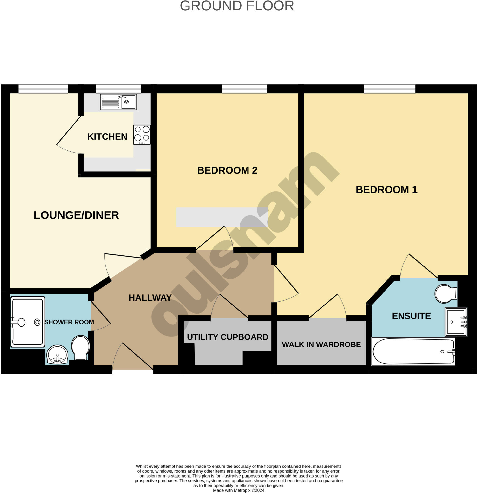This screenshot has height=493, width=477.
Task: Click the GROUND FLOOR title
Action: pyautogui.click(x=237, y=6)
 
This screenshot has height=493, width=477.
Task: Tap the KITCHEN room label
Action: pyautogui.click(x=107, y=136)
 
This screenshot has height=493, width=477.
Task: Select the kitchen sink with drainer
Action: pyautogui.click(x=118, y=102)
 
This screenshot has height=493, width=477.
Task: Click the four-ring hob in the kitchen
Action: pyautogui.click(x=142, y=134)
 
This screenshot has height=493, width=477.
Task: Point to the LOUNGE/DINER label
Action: pyautogui.click(x=76, y=215)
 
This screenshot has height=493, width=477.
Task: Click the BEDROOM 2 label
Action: pyautogui.click(x=227, y=170)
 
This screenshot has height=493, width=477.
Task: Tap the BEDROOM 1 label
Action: pyautogui.click(x=386, y=190)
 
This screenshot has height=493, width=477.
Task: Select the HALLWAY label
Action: pyautogui.click(x=150, y=298)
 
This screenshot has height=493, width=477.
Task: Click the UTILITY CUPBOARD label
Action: pyautogui.click(x=228, y=337)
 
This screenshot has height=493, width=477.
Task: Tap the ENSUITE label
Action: pyautogui.click(x=411, y=316)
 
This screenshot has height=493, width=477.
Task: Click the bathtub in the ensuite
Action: pyautogui.click(x=413, y=351)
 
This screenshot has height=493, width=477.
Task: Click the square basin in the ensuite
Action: pyautogui.click(x=456, y=322)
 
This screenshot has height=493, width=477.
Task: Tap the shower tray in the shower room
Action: pyautogui.click(x=27, y=322)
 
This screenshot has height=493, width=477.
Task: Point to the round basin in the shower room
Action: pyautogui.click(x=57, y=355)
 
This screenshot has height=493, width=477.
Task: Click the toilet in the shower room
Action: pyautogui.click(x=80, y=347)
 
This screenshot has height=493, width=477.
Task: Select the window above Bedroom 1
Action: pyautogui.click(x=389, y=89)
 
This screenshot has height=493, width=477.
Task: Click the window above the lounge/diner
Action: pyautogui.click(x=43, y=89)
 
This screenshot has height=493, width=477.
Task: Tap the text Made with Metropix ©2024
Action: pyautogui.click(x=238, y=490)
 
